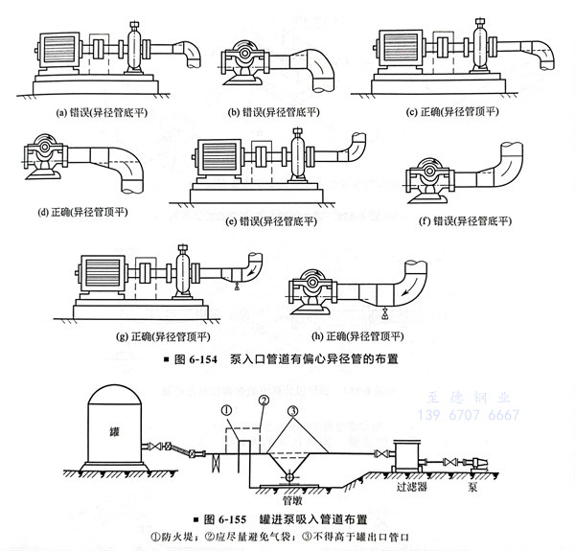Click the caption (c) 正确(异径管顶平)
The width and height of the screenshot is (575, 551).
click(x=449, y=111)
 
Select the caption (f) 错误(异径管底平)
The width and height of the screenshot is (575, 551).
click(x=466, y=221)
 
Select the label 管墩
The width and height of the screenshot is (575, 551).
click(x=293, y=499)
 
